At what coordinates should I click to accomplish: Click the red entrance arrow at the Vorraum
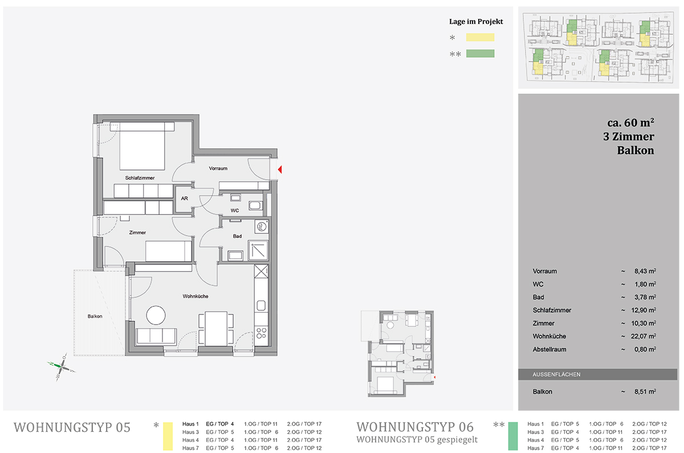coord(280,169)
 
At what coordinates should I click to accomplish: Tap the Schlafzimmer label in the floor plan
coord(140,178)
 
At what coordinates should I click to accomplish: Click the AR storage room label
coord(185,199)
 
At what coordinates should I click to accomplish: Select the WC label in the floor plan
coord(235,211)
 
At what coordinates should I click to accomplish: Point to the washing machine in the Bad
coord(262,227)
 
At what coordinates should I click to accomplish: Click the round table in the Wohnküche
coord(156,315)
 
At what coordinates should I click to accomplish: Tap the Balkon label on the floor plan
coord(95,317)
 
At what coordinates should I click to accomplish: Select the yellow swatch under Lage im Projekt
coord(480,37)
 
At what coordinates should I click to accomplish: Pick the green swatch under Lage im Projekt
coord(480,54)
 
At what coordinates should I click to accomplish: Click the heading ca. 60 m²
coord(630,123)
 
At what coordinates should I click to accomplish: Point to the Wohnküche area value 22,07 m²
coord(644,336)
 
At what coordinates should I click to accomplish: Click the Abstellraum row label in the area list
coord(549,349)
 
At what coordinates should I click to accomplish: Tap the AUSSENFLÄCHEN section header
coord(556,374)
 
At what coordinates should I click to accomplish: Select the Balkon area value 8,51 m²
coord(645,391)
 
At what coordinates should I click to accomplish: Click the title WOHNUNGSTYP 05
coord(72,427)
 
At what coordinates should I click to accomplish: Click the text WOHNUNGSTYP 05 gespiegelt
coord(417,439)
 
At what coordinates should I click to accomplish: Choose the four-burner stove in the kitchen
coord(262,333)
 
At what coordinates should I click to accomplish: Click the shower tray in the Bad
coord(258,250)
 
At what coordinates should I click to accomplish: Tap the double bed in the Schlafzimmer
coord(142,146)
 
